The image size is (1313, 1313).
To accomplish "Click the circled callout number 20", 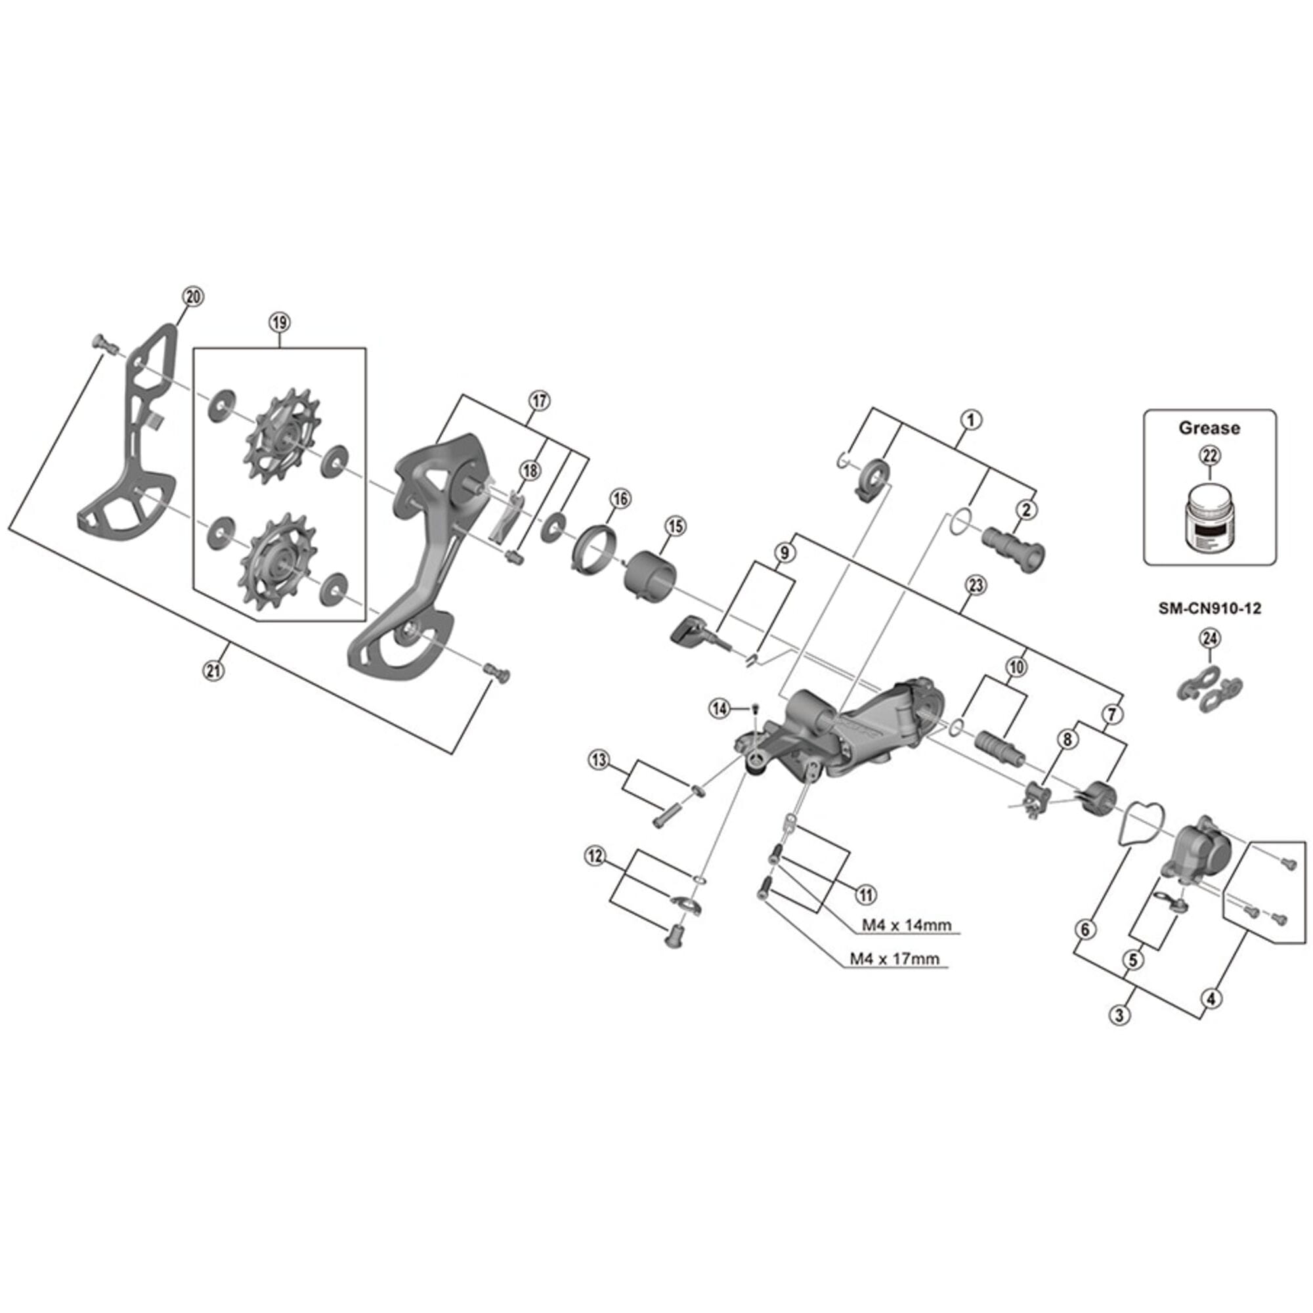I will click(x=193, y=297).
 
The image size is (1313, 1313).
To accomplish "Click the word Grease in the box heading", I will click(x=1209, y=428).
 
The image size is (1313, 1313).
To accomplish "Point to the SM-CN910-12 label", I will click(x=1210, y=609).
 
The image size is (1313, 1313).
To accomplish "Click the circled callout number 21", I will click(x=214, y=672).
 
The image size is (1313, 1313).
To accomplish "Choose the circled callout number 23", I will click(x=976, y=585).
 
